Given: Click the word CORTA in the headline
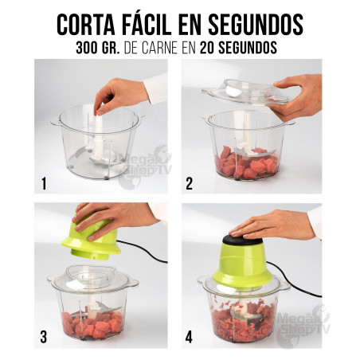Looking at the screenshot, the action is click(86, 24).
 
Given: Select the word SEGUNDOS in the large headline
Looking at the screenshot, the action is click(256, 24).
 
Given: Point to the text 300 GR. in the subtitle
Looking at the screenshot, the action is click(98, 48).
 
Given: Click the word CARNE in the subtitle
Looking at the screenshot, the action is click(160, 48).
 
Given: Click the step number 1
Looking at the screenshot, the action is click(44, 183).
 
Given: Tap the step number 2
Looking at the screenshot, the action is click(189, 183).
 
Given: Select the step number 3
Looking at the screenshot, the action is click(44, 337).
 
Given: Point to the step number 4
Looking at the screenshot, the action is click(189, 337).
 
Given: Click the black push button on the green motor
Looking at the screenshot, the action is click(242, 239).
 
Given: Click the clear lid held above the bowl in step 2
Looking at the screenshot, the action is click(245, 93).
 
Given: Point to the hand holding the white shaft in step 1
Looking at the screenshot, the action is click(121, 94).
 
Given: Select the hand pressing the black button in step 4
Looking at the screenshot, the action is click(271, 225).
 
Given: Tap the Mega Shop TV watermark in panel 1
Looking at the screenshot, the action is click(146, 166).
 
